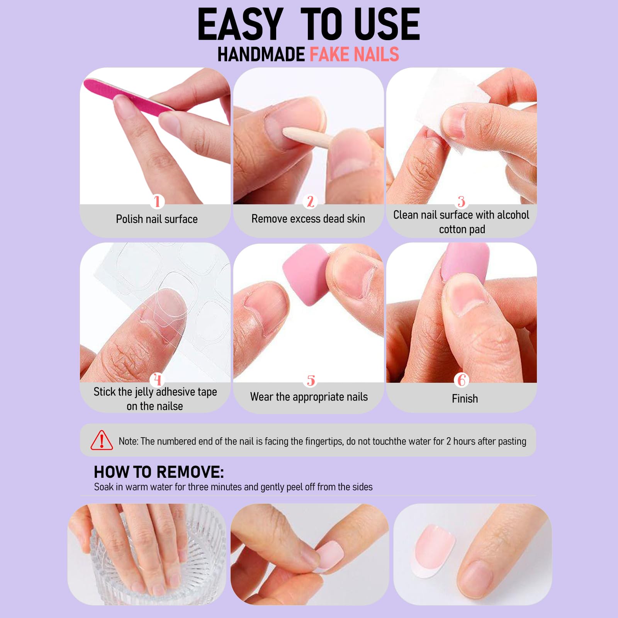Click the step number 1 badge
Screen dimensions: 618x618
point(157,201)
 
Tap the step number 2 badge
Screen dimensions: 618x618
point(310,201)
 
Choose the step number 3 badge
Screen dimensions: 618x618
point(462,201)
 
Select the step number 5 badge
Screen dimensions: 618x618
point(311,380)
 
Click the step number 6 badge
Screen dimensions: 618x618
point(462,380)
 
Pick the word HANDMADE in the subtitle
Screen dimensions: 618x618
point(261,54)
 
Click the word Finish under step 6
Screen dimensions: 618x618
point(465,399)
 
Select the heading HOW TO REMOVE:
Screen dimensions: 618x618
point(159,472)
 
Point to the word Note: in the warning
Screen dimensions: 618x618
point(128,441)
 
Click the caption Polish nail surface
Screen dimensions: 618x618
point(157,219)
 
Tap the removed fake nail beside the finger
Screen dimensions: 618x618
point(433,550)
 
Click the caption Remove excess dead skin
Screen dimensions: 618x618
point(308,219)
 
